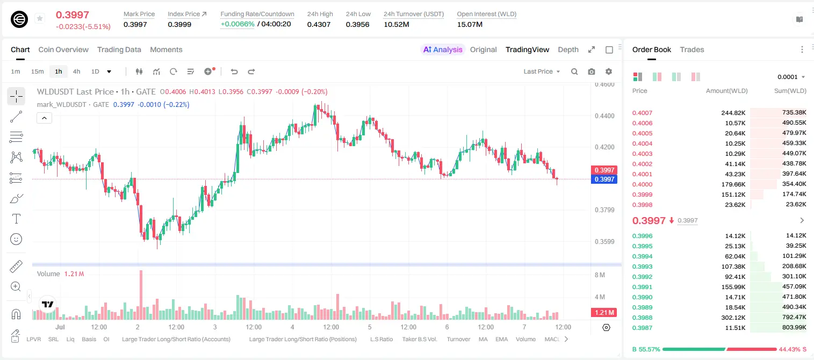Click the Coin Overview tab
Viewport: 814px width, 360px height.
pos(63,49)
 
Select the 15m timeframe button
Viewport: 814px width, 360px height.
pos(37,71)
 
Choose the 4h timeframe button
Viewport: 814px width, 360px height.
pos(76,71)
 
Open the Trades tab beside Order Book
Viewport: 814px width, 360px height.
pos(691,49)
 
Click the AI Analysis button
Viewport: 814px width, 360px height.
pos(443,49)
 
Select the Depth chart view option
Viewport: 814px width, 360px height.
pos(568,49)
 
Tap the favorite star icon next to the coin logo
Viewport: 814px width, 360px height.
pos(40,18)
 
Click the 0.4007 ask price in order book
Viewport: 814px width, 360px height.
pos(642,113)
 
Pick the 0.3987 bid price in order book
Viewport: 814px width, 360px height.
pos(642,328)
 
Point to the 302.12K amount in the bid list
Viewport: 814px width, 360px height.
pos(733,318)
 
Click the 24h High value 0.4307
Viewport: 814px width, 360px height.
pos(319,24)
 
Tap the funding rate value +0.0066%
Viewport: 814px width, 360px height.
pos(237,24)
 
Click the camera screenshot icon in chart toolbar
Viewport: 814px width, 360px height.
pos(591,71)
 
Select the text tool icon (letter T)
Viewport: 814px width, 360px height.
pos(16,219)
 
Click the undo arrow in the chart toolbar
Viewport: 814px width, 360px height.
pos(234,71)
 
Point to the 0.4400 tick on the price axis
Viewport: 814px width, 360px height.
pos(604,116)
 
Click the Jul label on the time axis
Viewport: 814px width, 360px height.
pos(60,327)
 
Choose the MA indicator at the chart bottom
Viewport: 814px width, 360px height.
pos(483,339)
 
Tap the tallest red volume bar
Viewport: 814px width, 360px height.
pos(141,295)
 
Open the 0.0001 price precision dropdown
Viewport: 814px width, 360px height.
pos(791,77)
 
